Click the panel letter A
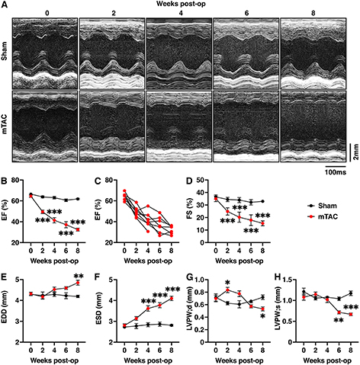point(5,5)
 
